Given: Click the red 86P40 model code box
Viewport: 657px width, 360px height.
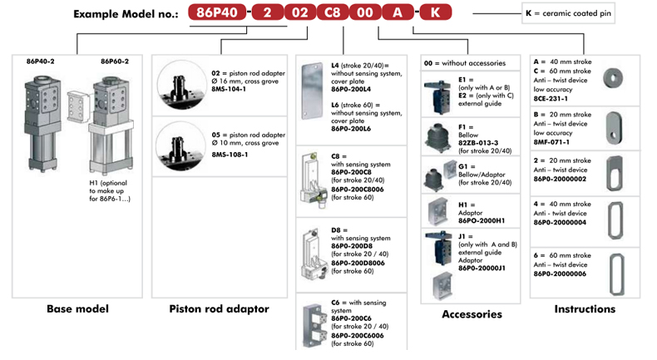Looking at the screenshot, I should pyautogui.click(x=215, y=14).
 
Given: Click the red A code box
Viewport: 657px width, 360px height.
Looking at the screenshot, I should pyautogui.click(x=400, y=14).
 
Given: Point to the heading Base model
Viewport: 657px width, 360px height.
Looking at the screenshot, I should pyautogui.click(x=79, y=309).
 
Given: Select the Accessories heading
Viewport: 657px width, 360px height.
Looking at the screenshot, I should pyautogui.click(x=472, y=314).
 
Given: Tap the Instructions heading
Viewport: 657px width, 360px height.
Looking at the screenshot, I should pyautogui.click(x=585, y=309).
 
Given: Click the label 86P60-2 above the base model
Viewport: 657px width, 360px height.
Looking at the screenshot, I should pyautogui.click(x=115, y=61).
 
